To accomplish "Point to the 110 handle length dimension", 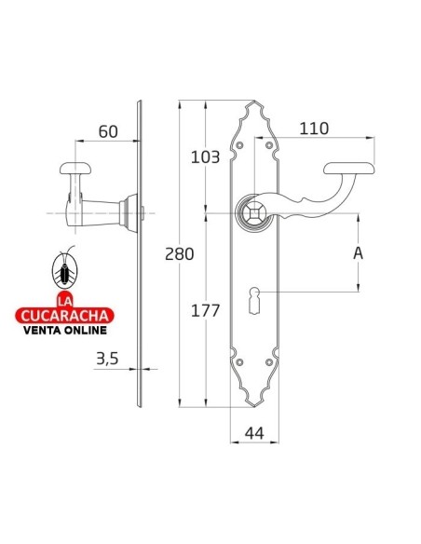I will coord(315,129).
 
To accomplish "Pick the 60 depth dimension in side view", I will coord(108,131).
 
